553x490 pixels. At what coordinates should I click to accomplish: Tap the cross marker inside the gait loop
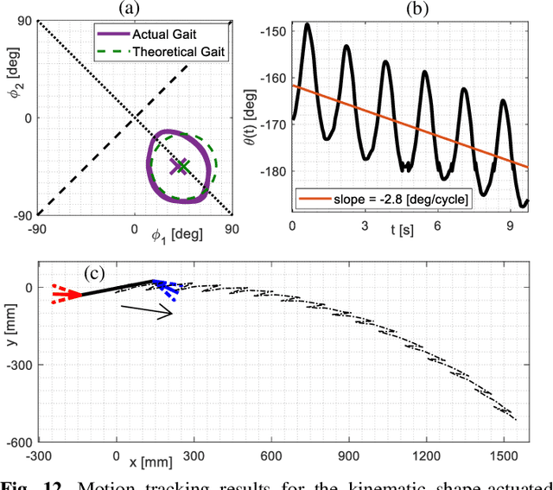[x=180, y=166]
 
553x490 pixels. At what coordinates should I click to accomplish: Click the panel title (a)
[x=134, y=9]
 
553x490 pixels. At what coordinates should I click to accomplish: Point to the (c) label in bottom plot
[x=93, y=273]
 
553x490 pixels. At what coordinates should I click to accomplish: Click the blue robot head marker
[x=167, y=288]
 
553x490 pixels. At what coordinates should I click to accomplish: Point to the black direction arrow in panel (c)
[x=147, y=312]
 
